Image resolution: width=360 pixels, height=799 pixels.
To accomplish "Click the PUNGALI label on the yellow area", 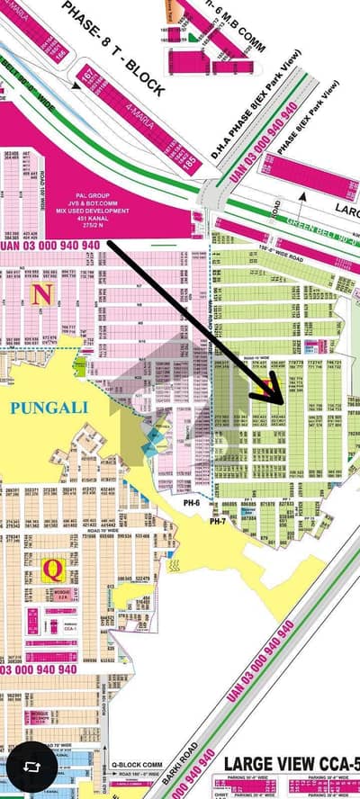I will click(x=49, y=407).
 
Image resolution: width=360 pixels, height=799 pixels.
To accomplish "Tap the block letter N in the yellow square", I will click(x=40, y=293).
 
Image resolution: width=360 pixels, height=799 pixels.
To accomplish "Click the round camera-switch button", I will click(x=30, y=769).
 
